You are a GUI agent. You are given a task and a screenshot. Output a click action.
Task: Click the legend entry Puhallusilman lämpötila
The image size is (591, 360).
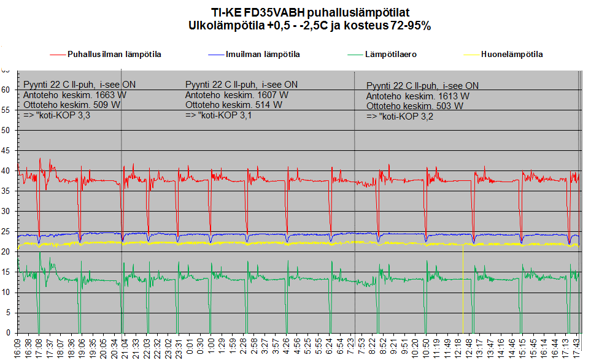[114, 55]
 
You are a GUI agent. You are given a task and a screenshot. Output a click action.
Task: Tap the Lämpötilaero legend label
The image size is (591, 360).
[391, 55]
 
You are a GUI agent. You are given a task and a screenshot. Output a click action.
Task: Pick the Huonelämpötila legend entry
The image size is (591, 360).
[512, 55]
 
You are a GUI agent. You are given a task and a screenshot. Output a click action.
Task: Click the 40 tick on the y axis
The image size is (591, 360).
[7, 171]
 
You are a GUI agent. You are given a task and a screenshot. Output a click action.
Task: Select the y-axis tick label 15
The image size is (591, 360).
[7, 272]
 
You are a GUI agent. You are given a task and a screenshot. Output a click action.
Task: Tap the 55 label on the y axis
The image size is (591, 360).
[7, 110]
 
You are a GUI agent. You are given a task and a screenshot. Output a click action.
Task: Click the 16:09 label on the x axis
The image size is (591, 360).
[17, 347]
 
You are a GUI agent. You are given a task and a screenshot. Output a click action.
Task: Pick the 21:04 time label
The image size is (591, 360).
[123, 347]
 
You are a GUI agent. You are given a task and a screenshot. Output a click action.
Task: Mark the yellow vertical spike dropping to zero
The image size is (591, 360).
[462, 288]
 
